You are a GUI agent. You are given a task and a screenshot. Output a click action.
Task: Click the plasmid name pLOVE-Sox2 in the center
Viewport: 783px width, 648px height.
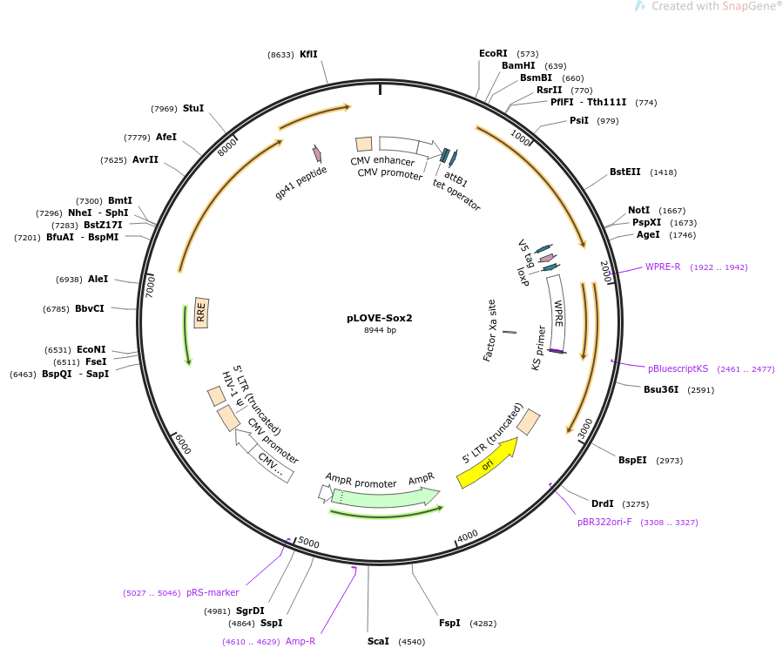tap(379, 318)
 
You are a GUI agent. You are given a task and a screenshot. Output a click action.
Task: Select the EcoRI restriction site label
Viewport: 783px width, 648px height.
tap(493, 54)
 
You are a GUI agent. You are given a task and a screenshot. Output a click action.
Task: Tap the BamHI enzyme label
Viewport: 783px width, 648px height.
tap(518, 66)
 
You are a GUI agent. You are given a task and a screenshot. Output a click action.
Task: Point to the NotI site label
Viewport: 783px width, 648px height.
tap(638, 211)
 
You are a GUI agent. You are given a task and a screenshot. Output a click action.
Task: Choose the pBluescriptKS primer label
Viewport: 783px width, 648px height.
tap(678, 368)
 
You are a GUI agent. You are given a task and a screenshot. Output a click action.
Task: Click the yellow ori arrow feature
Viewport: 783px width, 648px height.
tap(486, 463)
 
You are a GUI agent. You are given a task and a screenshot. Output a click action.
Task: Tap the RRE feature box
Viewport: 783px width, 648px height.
tap(201, 313)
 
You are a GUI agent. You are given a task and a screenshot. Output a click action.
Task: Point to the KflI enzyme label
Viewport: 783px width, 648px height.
tap(308, 54)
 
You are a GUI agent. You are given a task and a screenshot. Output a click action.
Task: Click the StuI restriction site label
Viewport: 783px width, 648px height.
tap(192, 109)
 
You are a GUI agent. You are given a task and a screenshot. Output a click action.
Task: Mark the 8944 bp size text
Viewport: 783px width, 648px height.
tap(380, 330)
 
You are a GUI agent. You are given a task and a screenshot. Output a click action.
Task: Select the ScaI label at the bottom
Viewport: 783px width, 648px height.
tap(378, 641)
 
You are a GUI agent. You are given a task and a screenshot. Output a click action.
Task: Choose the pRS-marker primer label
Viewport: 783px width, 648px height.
tap(213, 592)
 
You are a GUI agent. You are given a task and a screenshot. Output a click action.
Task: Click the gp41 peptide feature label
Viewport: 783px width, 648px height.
tap(301, 183)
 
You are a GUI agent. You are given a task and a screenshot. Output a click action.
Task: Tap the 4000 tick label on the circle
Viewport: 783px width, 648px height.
tap(468, 535)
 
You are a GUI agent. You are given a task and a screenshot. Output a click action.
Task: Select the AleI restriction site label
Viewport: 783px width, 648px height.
tap(98, 280)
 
